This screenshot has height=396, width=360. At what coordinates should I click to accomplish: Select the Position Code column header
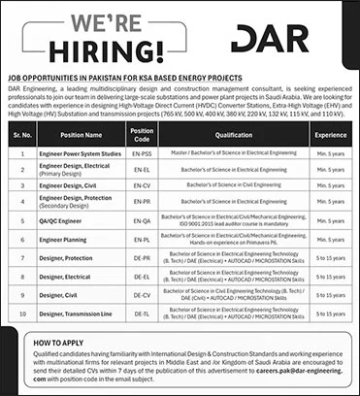coord(142,134)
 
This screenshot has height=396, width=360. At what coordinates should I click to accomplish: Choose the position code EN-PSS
coord(142,153)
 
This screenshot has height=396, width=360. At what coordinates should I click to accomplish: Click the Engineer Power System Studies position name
coord(80,153)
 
